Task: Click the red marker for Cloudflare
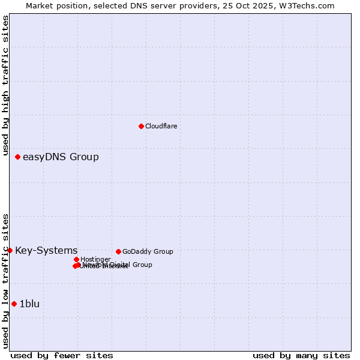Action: (x=141, y=126)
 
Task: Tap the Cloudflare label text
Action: (x=161, y=126)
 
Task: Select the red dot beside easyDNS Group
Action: (x=17, y=157)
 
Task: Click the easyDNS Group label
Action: (x=61, y=157)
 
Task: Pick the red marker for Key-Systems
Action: (x=10, y=250)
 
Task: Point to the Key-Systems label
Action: (x=46, y=251)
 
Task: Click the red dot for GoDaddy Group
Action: (x=118, y=251)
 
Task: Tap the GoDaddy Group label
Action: (x=148, y=252)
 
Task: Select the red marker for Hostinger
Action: (x=76, y=259)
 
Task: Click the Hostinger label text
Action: (x=95, y=260)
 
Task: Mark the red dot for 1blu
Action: (x=14, y=304)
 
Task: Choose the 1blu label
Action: (x=29, y=304)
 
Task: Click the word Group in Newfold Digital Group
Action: (x=142, y=265)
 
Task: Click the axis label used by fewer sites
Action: (x=62, y=355)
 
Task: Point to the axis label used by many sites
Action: (x=301, y=355)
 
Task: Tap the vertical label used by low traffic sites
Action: (x=6, y=281)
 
